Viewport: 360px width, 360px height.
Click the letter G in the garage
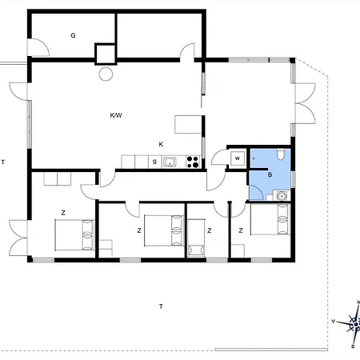tap(73, 35)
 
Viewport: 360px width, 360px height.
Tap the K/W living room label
tap(116, 115)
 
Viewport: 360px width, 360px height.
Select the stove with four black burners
tap(193, 162)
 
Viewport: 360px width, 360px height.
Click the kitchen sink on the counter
tap(170, 162)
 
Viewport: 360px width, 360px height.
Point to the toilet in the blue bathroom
tap(280, 154)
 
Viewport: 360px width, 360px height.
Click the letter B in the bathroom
tap(270, 175)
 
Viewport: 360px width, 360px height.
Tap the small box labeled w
tap(238, 158)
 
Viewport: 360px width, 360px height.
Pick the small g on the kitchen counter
tap(154, 162)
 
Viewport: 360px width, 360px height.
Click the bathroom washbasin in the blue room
tap(281, 196)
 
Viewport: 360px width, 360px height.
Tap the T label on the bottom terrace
tap(161, 306)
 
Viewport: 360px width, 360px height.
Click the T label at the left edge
tap(3, 162)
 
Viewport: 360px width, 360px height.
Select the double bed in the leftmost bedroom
tap(74, 235)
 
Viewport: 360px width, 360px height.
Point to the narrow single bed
tap(196, 238)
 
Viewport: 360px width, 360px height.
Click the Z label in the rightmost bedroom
tap(241, 230)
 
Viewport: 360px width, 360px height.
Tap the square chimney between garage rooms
tap(106, 54)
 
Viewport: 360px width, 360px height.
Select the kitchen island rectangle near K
tap(188, 124)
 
